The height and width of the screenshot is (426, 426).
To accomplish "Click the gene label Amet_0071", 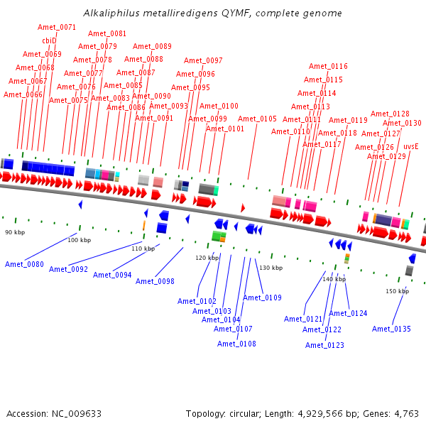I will pos(57,27).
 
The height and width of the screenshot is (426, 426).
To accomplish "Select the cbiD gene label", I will pos(49,40).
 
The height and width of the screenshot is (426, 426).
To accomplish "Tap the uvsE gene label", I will pos(410,146).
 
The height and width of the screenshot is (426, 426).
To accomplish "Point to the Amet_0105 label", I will pos(257,119).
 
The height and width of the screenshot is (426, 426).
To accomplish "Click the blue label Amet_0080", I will pos(24,264).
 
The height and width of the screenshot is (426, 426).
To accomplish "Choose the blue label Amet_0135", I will pos(391,329).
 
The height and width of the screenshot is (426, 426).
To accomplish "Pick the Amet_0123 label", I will pos(324,345).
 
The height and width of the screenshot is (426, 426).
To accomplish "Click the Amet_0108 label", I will pos(236,344).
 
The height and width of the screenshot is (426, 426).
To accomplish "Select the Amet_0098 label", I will pos(155,281).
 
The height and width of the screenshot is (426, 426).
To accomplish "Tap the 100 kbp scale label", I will pos(80,240).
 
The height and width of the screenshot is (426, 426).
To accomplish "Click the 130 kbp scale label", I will pos(271,268).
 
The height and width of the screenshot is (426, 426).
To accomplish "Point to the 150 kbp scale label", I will pos(397,291).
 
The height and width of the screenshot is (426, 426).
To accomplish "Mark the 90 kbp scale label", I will pos(14,232).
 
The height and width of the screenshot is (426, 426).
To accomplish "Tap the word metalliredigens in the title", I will pos(167,13).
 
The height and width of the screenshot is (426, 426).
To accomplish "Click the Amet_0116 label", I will pos(328,66).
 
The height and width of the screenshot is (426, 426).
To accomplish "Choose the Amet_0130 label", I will pos(402,123).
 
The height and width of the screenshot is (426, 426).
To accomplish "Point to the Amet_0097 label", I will pos(203,60).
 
